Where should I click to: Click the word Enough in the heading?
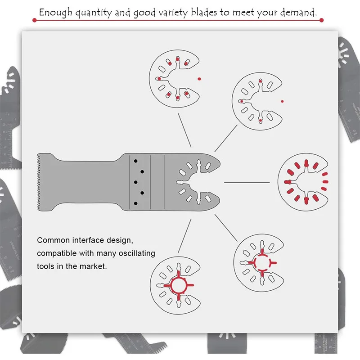point(55,12)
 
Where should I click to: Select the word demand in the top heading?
point(298,12)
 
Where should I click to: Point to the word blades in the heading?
point(204,12)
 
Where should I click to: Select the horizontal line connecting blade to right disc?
point(247,182)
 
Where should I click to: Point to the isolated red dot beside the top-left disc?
point(199,79)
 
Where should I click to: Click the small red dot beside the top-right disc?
point(282,101)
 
